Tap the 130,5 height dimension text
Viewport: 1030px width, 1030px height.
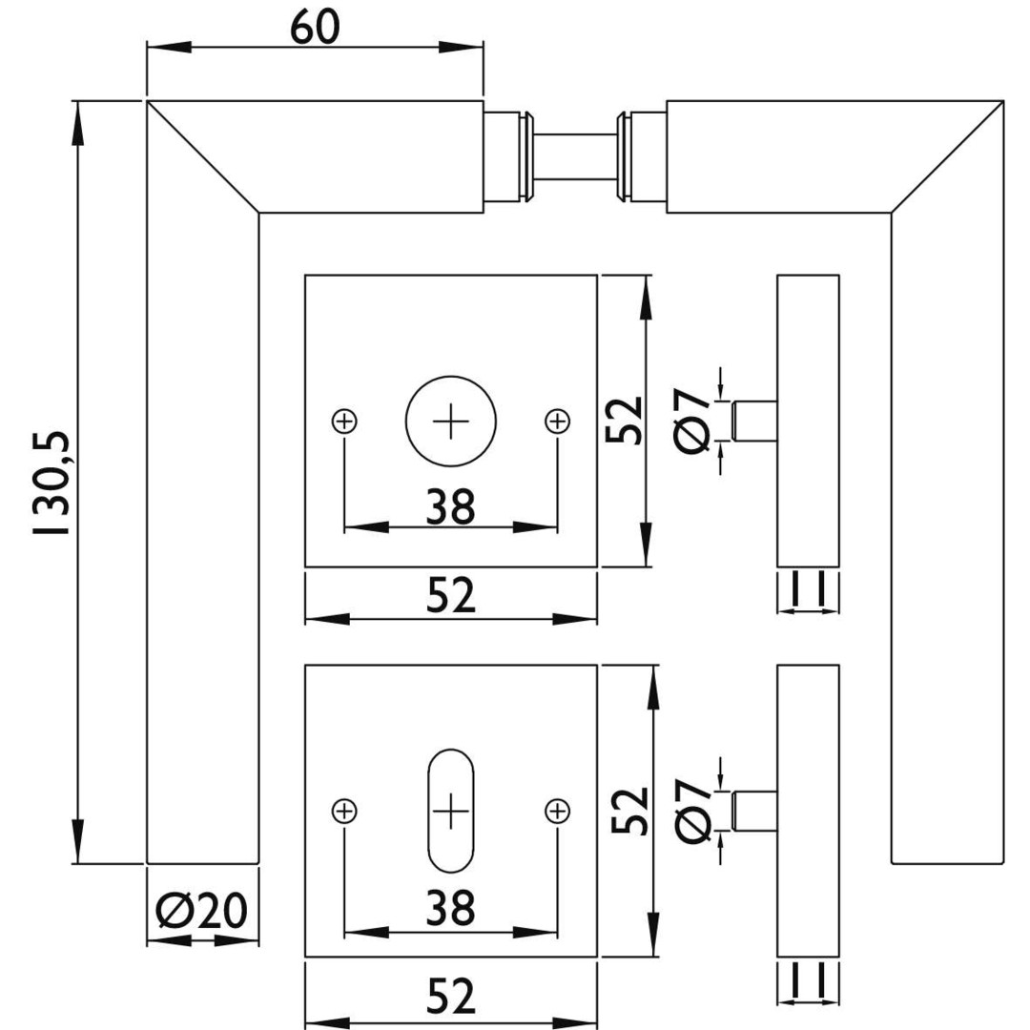coord(50,483)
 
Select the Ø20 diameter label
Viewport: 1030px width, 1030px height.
coord(201,913)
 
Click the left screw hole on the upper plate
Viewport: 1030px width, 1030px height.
coord(344,420)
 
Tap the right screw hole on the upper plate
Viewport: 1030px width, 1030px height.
coord(557,420)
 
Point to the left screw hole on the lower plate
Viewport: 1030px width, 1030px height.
coord(344,811)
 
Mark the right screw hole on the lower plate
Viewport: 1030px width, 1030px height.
coord(557,811)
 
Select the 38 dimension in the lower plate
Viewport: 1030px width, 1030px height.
coord(450,910)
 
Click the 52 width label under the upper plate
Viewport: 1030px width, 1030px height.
coord(450,597)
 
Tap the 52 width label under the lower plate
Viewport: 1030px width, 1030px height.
coord(450,998)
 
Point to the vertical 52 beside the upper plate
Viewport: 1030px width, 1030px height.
coord(627,421)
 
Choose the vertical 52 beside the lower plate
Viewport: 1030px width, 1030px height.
coord(629,812)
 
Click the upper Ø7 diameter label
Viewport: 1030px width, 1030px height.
coord(694,421)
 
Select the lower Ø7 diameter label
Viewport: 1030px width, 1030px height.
coord(694,812)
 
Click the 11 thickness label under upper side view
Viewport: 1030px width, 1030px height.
coord(808,589)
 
